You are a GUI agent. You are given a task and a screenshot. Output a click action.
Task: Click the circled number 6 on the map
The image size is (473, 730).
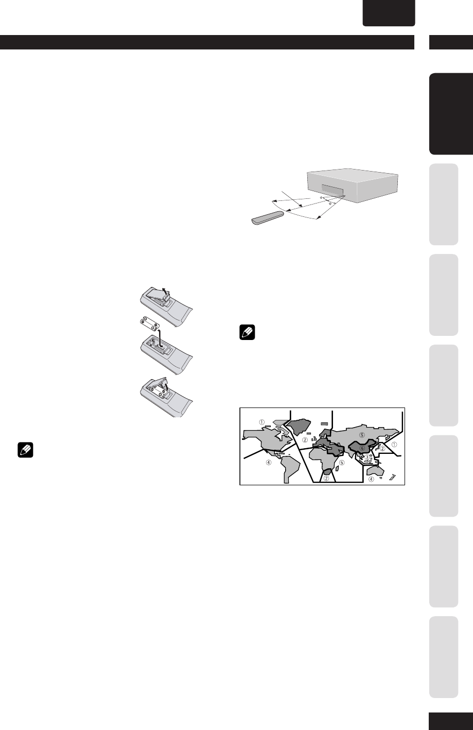[362, 448]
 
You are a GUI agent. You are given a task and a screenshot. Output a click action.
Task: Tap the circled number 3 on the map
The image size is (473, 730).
[367, 457]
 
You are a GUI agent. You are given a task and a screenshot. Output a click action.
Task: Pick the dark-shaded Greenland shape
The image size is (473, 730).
[299, 427]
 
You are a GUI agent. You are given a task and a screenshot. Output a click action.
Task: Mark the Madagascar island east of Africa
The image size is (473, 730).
[337, 468]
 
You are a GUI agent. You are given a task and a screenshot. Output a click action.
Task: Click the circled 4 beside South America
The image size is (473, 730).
[268, 462]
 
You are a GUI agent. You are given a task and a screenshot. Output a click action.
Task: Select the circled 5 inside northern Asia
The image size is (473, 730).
[362, 435]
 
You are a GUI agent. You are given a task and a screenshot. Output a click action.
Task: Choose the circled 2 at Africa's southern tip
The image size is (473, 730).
[326, 478]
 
